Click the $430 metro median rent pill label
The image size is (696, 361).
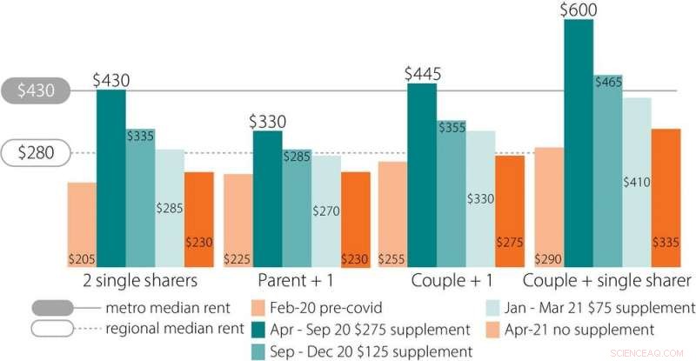tap(41, 90)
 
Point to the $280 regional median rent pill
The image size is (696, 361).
tap(41, 153)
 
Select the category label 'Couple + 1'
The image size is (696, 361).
tap(452, 280)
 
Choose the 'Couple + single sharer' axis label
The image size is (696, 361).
tap(606, 280)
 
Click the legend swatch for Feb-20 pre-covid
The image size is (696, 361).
tap(258, 308)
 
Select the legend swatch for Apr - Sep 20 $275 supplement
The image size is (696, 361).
tap(258, 330)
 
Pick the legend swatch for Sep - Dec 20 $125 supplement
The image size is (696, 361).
tap(258, 351)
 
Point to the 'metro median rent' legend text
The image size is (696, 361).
tap(170, 308)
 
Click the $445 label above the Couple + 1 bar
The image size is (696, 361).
tap(422, 73)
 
